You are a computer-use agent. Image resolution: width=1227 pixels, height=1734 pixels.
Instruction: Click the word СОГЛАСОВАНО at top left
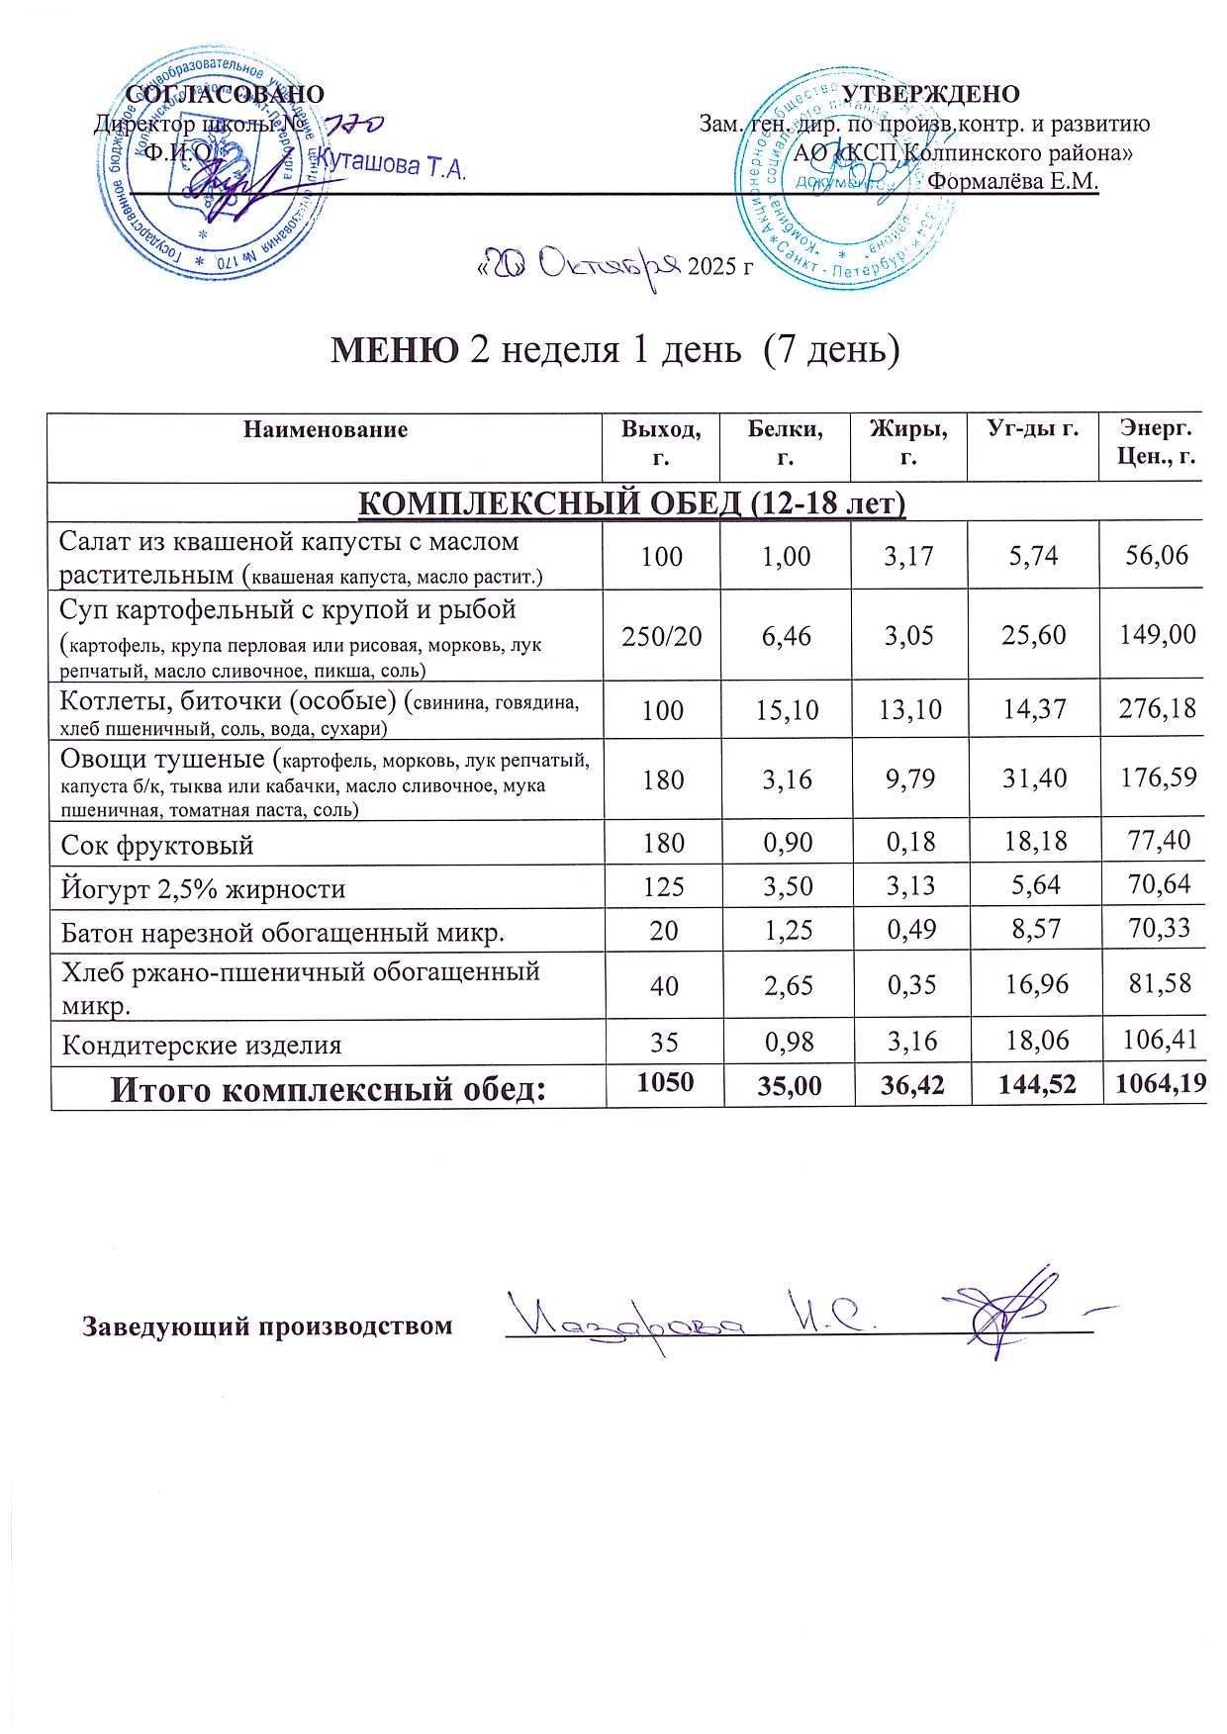227,94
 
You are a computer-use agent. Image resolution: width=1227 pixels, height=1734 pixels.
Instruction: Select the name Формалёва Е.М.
1015,182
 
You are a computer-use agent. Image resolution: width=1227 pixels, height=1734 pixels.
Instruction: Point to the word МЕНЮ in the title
393,349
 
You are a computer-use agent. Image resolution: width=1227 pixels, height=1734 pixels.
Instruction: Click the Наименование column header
326,429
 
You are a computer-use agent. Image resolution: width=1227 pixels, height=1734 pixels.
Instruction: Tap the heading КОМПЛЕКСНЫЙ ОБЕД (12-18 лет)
630,503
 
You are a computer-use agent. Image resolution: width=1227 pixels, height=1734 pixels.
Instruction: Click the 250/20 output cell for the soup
661,635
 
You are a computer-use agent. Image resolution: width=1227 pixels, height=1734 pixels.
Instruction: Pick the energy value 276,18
1157,708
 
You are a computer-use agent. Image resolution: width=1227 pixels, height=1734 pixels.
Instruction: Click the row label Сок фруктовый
157,845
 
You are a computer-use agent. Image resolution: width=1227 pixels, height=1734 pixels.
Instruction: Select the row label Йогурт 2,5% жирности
203,888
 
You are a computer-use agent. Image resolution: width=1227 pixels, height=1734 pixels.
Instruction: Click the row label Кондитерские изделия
202,1045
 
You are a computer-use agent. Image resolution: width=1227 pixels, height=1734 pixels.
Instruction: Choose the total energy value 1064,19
1160,1084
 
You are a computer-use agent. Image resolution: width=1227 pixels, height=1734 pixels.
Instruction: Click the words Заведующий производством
267,1325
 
